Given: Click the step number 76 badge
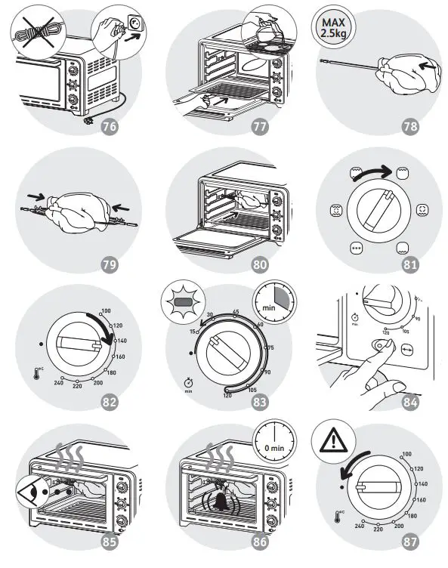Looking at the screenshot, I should [110, 126].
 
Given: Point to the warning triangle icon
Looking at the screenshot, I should [333, 437].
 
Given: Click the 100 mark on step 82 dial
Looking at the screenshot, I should [105, 311].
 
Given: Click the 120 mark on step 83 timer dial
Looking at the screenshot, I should [226, 394].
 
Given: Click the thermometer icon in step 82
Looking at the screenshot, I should [39, 371].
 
